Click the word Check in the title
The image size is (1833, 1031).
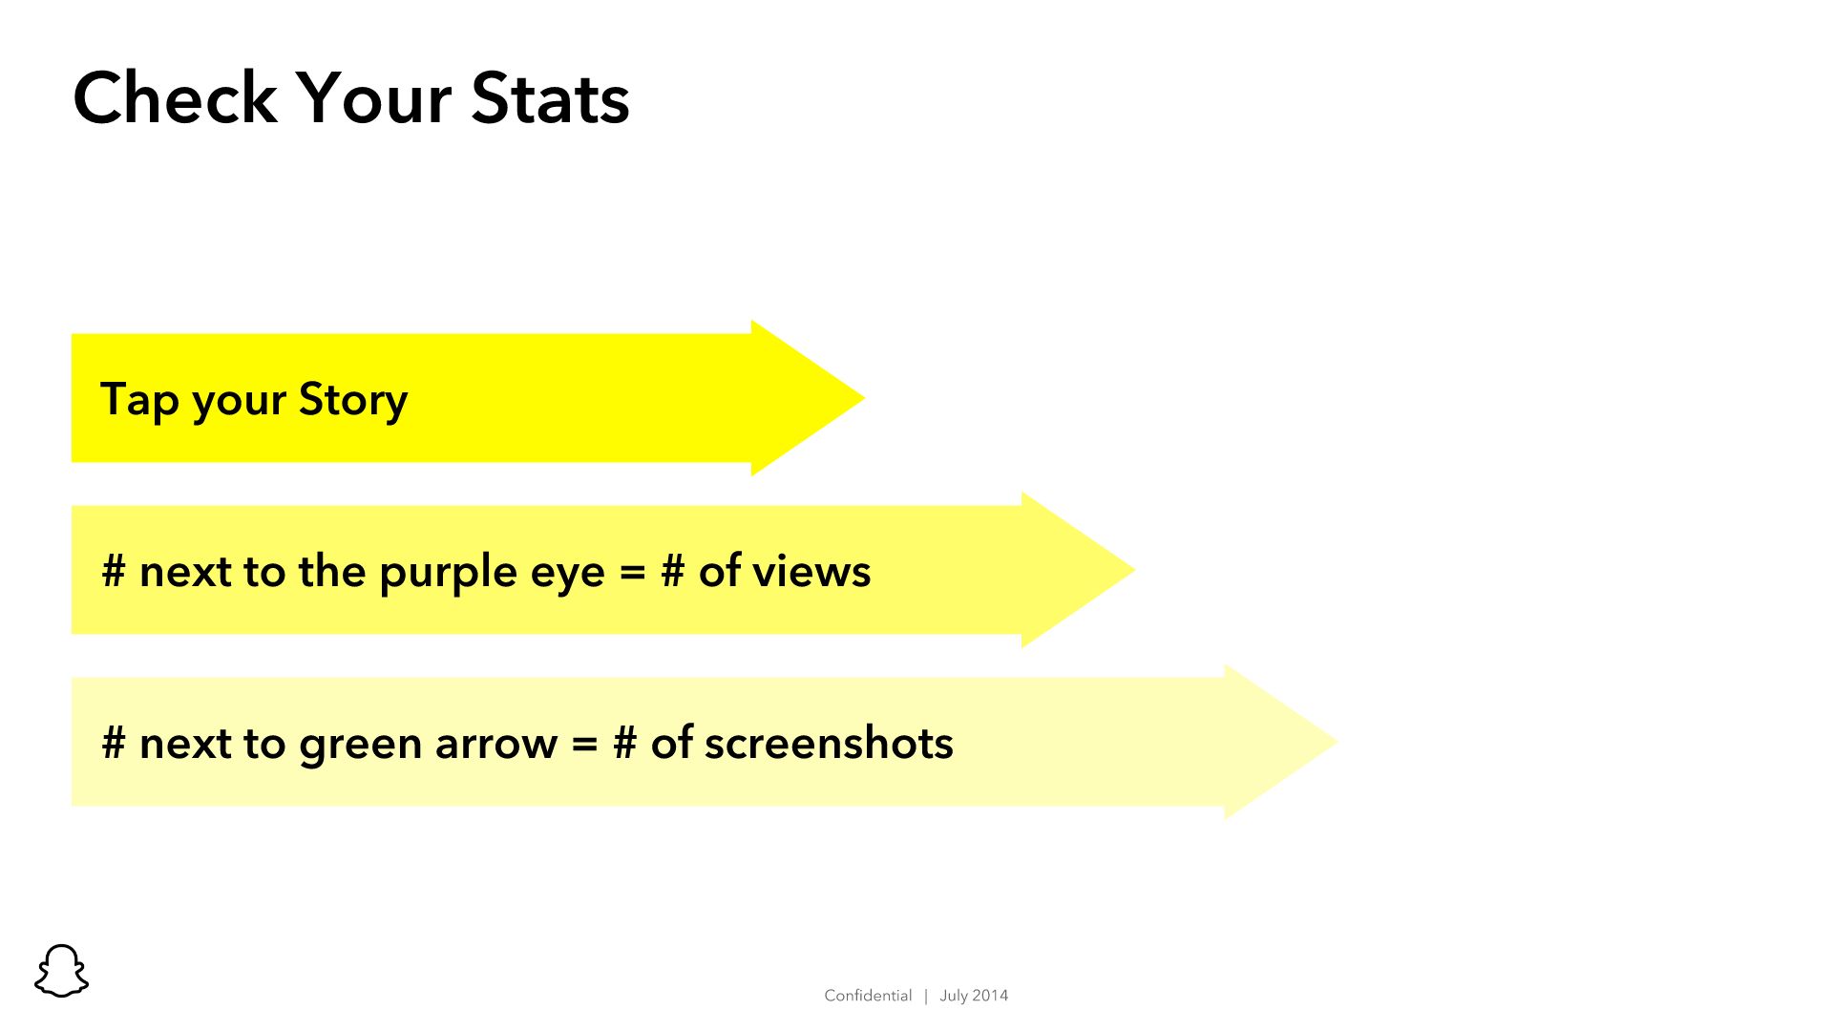(x=175, y=97)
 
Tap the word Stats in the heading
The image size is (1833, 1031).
(x=550, y=97)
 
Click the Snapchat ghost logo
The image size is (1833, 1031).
(x=61, y=971)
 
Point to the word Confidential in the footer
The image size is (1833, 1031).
(x=868, y=996)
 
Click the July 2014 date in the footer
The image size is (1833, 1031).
(x=974, y=996)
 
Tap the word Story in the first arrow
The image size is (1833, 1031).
(x=353, y=399)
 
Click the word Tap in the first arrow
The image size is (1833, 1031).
(x=139, y=399)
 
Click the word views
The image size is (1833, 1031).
(x=811, y=572)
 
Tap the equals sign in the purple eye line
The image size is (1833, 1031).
(x=632, y=573)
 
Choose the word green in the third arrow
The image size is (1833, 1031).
(x=361, y=745)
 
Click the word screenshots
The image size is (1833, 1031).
(x=829, y=743)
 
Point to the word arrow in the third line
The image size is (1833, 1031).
(x=496, y=745)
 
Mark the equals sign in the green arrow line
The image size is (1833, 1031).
(x=584, y=745)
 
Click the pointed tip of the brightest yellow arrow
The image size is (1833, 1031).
(x=864, y=398)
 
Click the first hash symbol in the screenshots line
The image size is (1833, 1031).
(x=114, y=743)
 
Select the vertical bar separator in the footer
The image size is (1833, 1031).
(x=926, y=996)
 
